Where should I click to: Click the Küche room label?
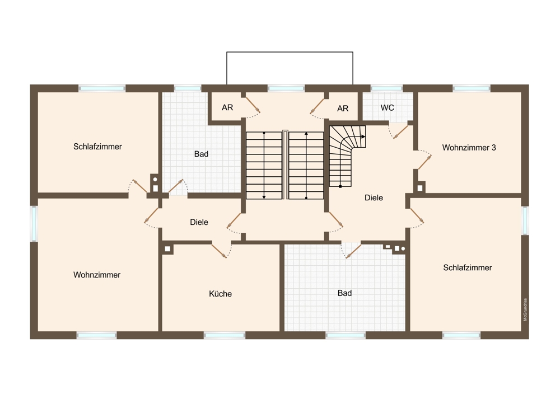coord(220,294)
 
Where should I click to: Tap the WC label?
coord(388,108)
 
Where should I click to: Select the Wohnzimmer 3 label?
coord(469,147)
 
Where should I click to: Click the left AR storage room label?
coord(227,107)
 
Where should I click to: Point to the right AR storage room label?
coord(343,109)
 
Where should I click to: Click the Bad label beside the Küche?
coord(344,293)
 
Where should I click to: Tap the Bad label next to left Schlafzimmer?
coord(202,154)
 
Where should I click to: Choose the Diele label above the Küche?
coord(199,222)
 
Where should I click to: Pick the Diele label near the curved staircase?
coord(374,198)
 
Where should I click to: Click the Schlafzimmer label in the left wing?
coord(97,147)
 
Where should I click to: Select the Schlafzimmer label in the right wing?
coord(468,267)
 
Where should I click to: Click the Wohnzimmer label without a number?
coord(97,275)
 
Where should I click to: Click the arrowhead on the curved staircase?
coord(363,137)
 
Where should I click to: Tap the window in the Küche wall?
coord(225,335)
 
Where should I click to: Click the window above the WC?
coord(387,88)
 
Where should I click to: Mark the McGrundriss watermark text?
coord(525,310)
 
